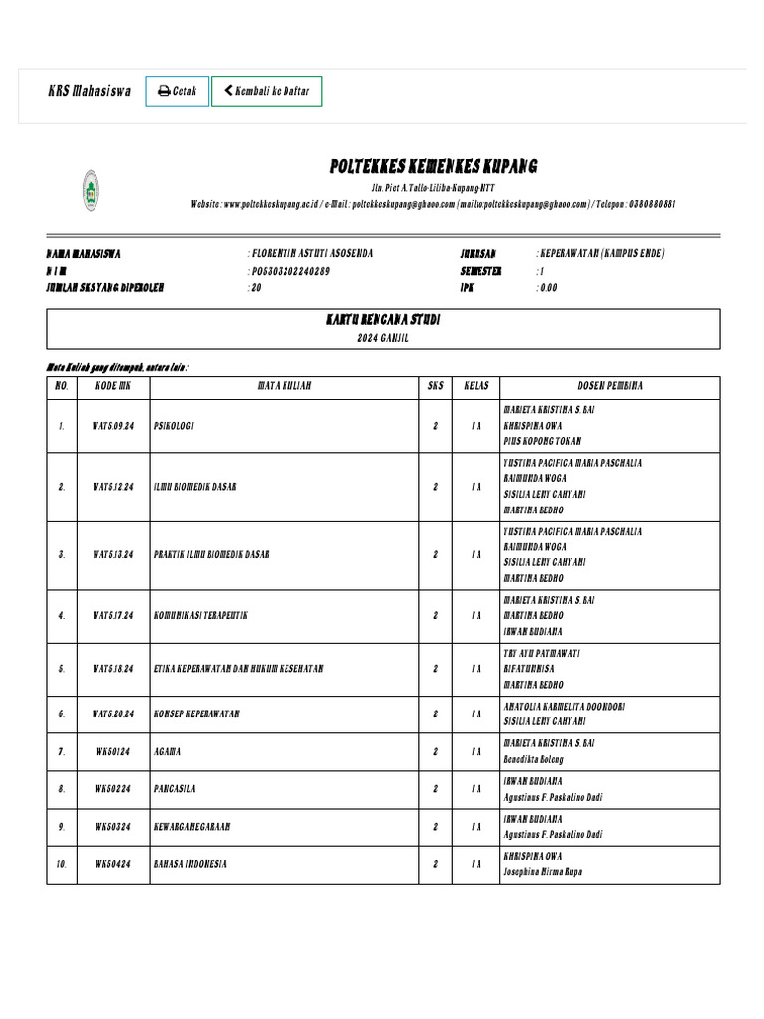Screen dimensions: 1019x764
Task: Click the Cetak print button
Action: [177, 92]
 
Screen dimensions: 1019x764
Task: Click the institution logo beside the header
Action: [91, 190]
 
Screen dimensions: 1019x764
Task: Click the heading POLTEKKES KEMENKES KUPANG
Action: [434, 165]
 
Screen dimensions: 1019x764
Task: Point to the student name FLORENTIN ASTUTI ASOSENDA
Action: [311, 253]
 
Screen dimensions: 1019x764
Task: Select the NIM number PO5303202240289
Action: [290, 271]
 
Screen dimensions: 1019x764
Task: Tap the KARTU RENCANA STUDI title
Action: [384, 321]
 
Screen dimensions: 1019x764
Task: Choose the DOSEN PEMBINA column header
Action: [610, 385]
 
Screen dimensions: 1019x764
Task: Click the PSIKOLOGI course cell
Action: [174, 426]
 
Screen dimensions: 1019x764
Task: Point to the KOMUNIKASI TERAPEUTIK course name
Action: [200, 616]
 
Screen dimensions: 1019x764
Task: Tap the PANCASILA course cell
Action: [175, 789]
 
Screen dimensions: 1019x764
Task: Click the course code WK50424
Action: [113, 864]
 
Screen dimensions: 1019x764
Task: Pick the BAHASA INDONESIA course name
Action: [190, 864]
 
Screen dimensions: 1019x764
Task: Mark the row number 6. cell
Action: [62, 714]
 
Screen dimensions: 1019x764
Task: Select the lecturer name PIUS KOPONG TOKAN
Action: [543, 441]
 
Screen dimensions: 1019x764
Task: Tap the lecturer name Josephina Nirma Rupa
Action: [543, 872]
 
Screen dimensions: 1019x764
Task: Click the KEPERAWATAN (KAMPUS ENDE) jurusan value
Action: [602, 253]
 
